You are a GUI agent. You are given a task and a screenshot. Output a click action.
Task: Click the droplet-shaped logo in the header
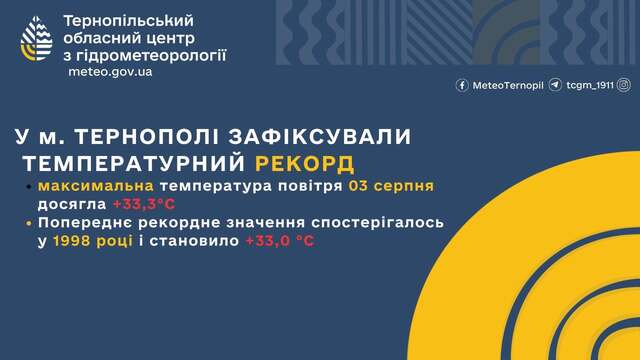coord(36,39)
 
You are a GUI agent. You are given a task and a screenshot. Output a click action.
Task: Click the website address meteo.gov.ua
coord(110,72)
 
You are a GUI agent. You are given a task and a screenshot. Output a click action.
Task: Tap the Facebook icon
coord(462,85)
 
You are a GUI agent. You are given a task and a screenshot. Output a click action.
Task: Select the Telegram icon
coord(555,85)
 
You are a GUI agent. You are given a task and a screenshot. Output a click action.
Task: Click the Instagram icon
coord(624,85)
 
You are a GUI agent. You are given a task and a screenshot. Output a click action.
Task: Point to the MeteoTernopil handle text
coord(508,85)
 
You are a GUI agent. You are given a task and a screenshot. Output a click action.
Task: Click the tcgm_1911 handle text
coord(590,85)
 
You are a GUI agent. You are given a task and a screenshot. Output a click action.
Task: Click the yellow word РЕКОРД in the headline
coord(304,164)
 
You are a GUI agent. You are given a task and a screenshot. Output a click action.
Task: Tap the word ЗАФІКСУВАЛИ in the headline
coord(320,136)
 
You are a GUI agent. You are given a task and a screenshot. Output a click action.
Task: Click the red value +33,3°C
coord(144,204)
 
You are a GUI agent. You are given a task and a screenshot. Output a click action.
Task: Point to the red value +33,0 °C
coord(280,241)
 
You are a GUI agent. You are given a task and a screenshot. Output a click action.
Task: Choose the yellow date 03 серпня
coord(391,186)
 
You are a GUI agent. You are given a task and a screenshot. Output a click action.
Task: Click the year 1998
coord(71,241)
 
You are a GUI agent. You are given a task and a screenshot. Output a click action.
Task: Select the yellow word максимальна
coord(96,186)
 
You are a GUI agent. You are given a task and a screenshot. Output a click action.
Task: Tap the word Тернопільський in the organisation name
coord(129,21)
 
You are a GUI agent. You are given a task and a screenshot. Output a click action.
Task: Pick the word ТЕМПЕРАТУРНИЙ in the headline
coord(134,164)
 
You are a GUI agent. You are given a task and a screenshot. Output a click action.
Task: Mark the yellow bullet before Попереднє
coord(29,223)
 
